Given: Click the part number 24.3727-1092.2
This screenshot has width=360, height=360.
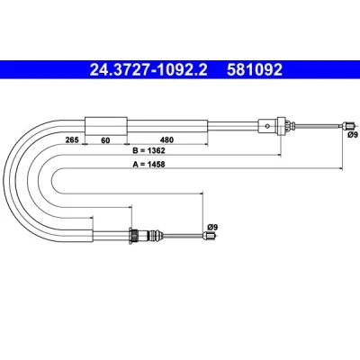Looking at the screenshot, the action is click(148, 70).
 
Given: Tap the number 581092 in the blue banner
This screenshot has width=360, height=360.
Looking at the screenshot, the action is click(255, 70).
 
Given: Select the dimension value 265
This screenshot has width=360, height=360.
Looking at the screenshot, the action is click(72, 139).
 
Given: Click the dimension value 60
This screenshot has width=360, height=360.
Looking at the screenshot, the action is click(105, 140).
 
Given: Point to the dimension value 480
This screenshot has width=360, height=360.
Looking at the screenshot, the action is click(166, 139).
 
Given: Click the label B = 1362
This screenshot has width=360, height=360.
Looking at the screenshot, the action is click(149, 150).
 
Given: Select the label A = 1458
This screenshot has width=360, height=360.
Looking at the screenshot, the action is click(149, 164).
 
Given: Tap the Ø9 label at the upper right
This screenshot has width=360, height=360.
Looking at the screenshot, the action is click(353, 135).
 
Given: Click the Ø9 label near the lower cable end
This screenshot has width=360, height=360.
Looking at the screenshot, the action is click(212, 227).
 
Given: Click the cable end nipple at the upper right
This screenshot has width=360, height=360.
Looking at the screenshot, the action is click(348, 125).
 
